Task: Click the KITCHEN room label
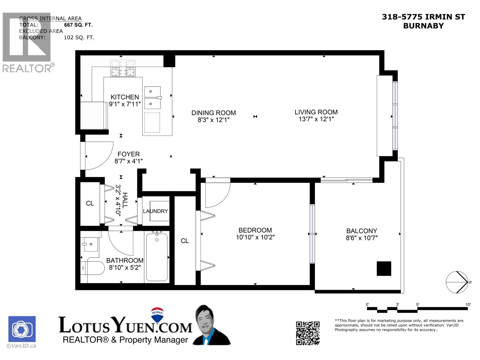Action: coord(124,97)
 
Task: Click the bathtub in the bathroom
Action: coord(157,257)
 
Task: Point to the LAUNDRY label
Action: coord(155,211)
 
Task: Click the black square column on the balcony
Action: coord(384,268)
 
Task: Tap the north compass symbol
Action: coord(457,282)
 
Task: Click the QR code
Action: coord(307,333)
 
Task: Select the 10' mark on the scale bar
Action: coord(468,304)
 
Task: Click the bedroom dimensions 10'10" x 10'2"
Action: coord(255,237)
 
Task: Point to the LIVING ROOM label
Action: coord(316,112)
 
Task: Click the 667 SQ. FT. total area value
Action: coord(78,25)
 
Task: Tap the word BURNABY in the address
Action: coord(423,26)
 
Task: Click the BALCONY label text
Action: coord(361,231)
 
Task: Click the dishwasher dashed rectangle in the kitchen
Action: coord(152,122)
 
